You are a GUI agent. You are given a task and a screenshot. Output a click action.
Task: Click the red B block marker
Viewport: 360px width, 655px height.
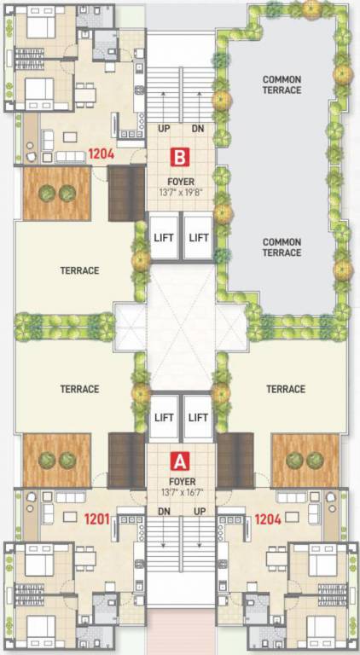(179, 157)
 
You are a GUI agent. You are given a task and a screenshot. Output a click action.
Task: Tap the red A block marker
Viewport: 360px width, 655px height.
(179, 461)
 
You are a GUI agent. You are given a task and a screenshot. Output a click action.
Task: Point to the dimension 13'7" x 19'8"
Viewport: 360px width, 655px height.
(179, 192)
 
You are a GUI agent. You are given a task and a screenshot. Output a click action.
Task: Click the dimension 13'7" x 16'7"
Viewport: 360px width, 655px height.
(179, 492)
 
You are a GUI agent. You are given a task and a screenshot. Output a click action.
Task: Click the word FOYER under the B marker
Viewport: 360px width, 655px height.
(179, 180)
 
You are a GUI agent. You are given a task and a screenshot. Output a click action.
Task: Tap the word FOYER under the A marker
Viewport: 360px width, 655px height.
(179, 481)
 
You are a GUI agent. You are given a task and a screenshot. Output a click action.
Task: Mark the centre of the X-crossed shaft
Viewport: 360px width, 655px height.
(180, 328)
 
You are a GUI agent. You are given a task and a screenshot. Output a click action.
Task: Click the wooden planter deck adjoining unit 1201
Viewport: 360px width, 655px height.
(56, 461)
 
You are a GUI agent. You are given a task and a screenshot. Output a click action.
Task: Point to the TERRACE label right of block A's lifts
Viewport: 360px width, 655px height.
(285, 389)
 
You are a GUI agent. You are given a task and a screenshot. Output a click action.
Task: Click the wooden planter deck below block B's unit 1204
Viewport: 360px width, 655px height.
(56, 194)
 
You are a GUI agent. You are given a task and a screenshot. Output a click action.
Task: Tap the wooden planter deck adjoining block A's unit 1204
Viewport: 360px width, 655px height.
(305, 461)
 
